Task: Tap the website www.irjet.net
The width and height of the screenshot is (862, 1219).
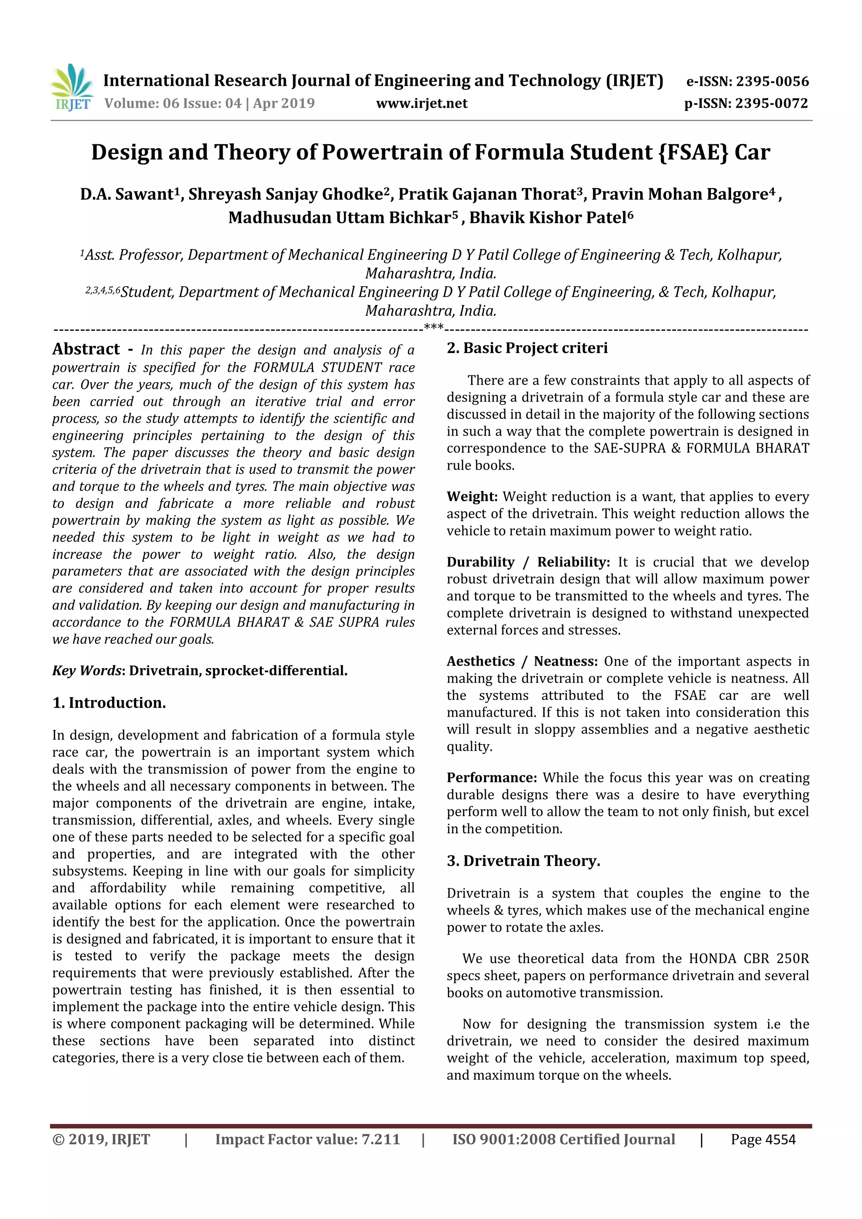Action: point(422,103)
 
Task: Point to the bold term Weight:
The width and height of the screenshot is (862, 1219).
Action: point(472,497)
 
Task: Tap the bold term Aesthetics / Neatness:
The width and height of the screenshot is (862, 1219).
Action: point(521,661)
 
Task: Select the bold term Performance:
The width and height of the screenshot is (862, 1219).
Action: point(492,777)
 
